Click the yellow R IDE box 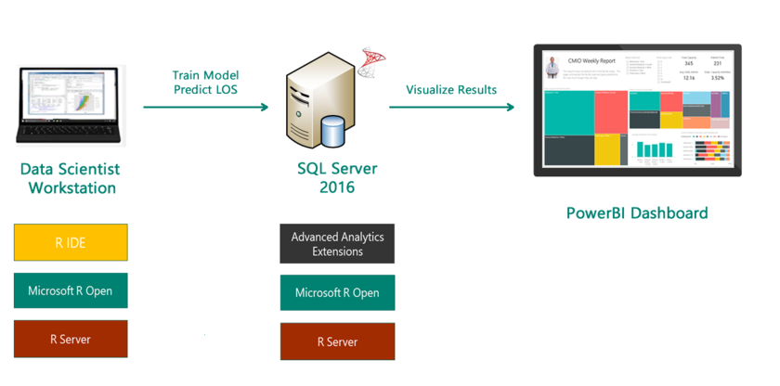[x=71, y=242]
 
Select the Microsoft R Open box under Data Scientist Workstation [x=71, y=290]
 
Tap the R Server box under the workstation [x=71, y=340]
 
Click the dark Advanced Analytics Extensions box [x=337, y=244]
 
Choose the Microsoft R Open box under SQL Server [x=337, y=293]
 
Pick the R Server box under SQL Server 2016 [x=337, y=341]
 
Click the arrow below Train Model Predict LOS [x=205, y=108]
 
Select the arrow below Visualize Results [x=451, y=108]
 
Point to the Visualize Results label [x=451, y=90]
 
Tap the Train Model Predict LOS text [x=205, y=82]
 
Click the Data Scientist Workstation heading [x=70, y=179]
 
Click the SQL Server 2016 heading [x=336, y=179]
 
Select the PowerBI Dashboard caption [x=637, y=212]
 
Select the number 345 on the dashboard [x=689, y=63]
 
